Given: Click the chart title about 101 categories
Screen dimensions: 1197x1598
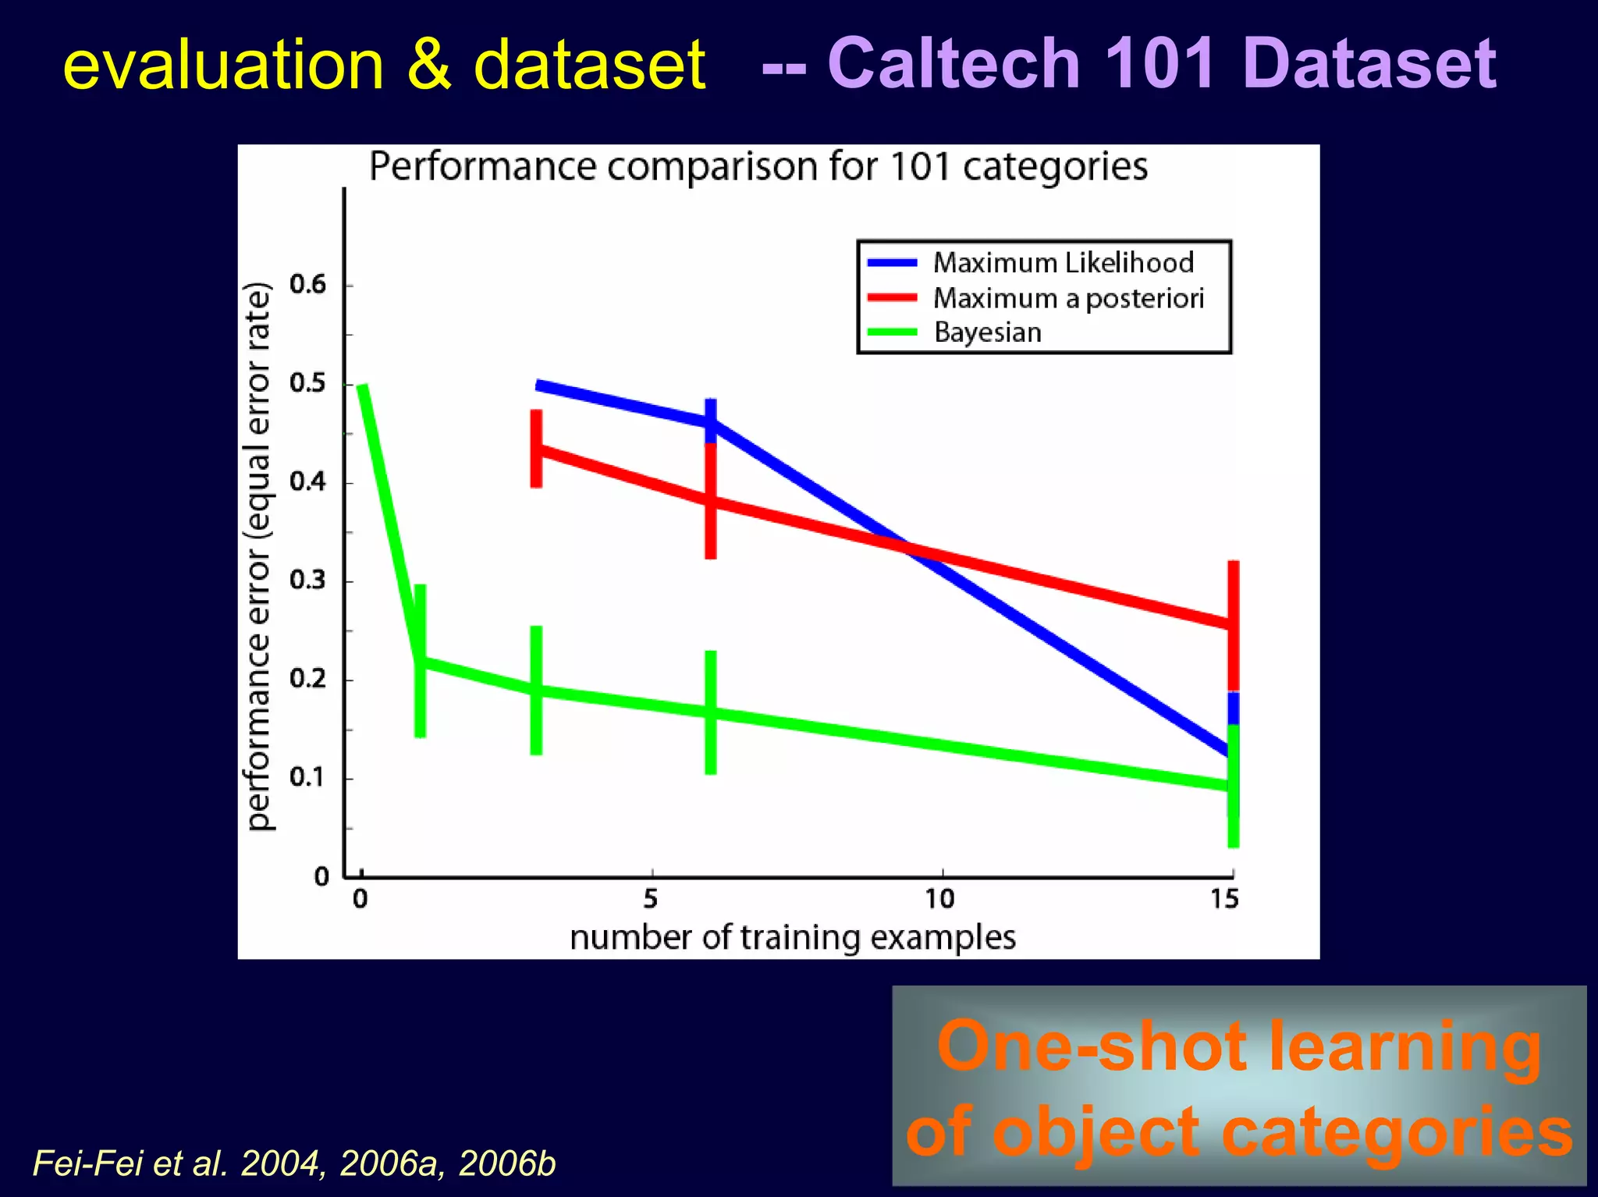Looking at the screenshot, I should pyautogui.click(x=758, y=166).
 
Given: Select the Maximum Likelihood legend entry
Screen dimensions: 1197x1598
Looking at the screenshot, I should pyautogui.click(x=1062, y=263).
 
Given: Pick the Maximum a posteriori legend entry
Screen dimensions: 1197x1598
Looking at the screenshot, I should pyautogui.click(x=1067, y=298).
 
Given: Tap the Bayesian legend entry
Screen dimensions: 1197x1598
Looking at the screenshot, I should pyautogui.click(x=987, y=332).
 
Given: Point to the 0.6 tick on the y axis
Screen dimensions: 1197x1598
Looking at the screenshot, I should pyautogui.click(x=307, y=284).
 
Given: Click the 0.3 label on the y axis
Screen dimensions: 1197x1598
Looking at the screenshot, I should pyautogui.click(x=307, y=581).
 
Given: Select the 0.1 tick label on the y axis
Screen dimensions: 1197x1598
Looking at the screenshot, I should pyautogui.click(x=307, y=777).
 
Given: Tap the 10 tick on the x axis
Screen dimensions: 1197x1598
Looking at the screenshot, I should pyautogui.click(x=940, y=900).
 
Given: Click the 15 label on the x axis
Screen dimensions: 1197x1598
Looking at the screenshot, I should pyautogui.click(x=1224, y=900).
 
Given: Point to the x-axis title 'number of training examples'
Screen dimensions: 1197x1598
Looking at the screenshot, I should pyautogui.click(x=792, y=937).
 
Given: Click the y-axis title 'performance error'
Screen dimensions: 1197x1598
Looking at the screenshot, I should pyautogui.click(x=258, y=556).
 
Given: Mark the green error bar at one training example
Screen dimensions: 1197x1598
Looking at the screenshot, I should pyautogui.click(x=420, y=660).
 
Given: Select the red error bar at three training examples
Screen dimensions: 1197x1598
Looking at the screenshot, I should pyautogui.click(x=536, y=449).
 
